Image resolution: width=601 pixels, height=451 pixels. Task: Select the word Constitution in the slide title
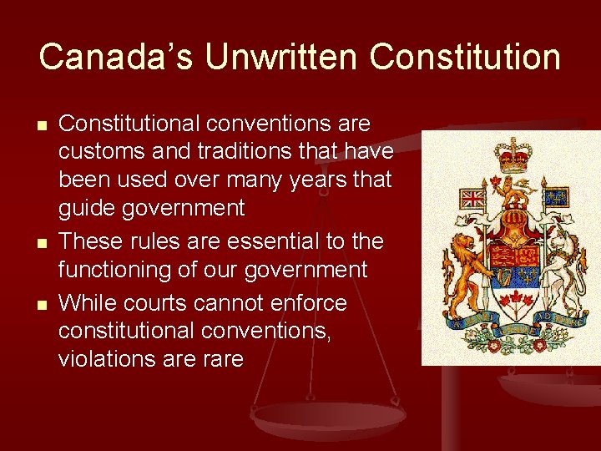click(x=466, y=57)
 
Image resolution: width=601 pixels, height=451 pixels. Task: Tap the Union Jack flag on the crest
click(x=473, y=199)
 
